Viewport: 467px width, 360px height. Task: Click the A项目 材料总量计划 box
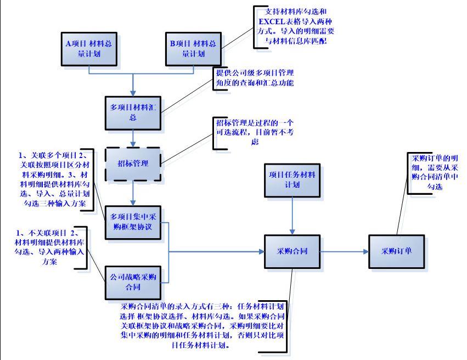[88, 48]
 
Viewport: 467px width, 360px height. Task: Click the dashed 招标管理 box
[132, 163]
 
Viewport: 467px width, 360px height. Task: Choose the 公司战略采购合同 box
[132, 282]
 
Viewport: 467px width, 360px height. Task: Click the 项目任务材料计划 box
[291, 180]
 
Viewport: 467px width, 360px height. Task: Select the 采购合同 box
[291, 251]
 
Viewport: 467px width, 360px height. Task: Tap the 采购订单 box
[396, 251]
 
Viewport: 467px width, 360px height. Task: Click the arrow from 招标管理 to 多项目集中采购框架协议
[132, 193]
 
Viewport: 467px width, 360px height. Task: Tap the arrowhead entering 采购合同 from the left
[260, 251]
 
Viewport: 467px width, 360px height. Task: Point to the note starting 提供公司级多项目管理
[255, 78]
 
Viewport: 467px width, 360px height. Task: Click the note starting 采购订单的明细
[434, 172]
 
